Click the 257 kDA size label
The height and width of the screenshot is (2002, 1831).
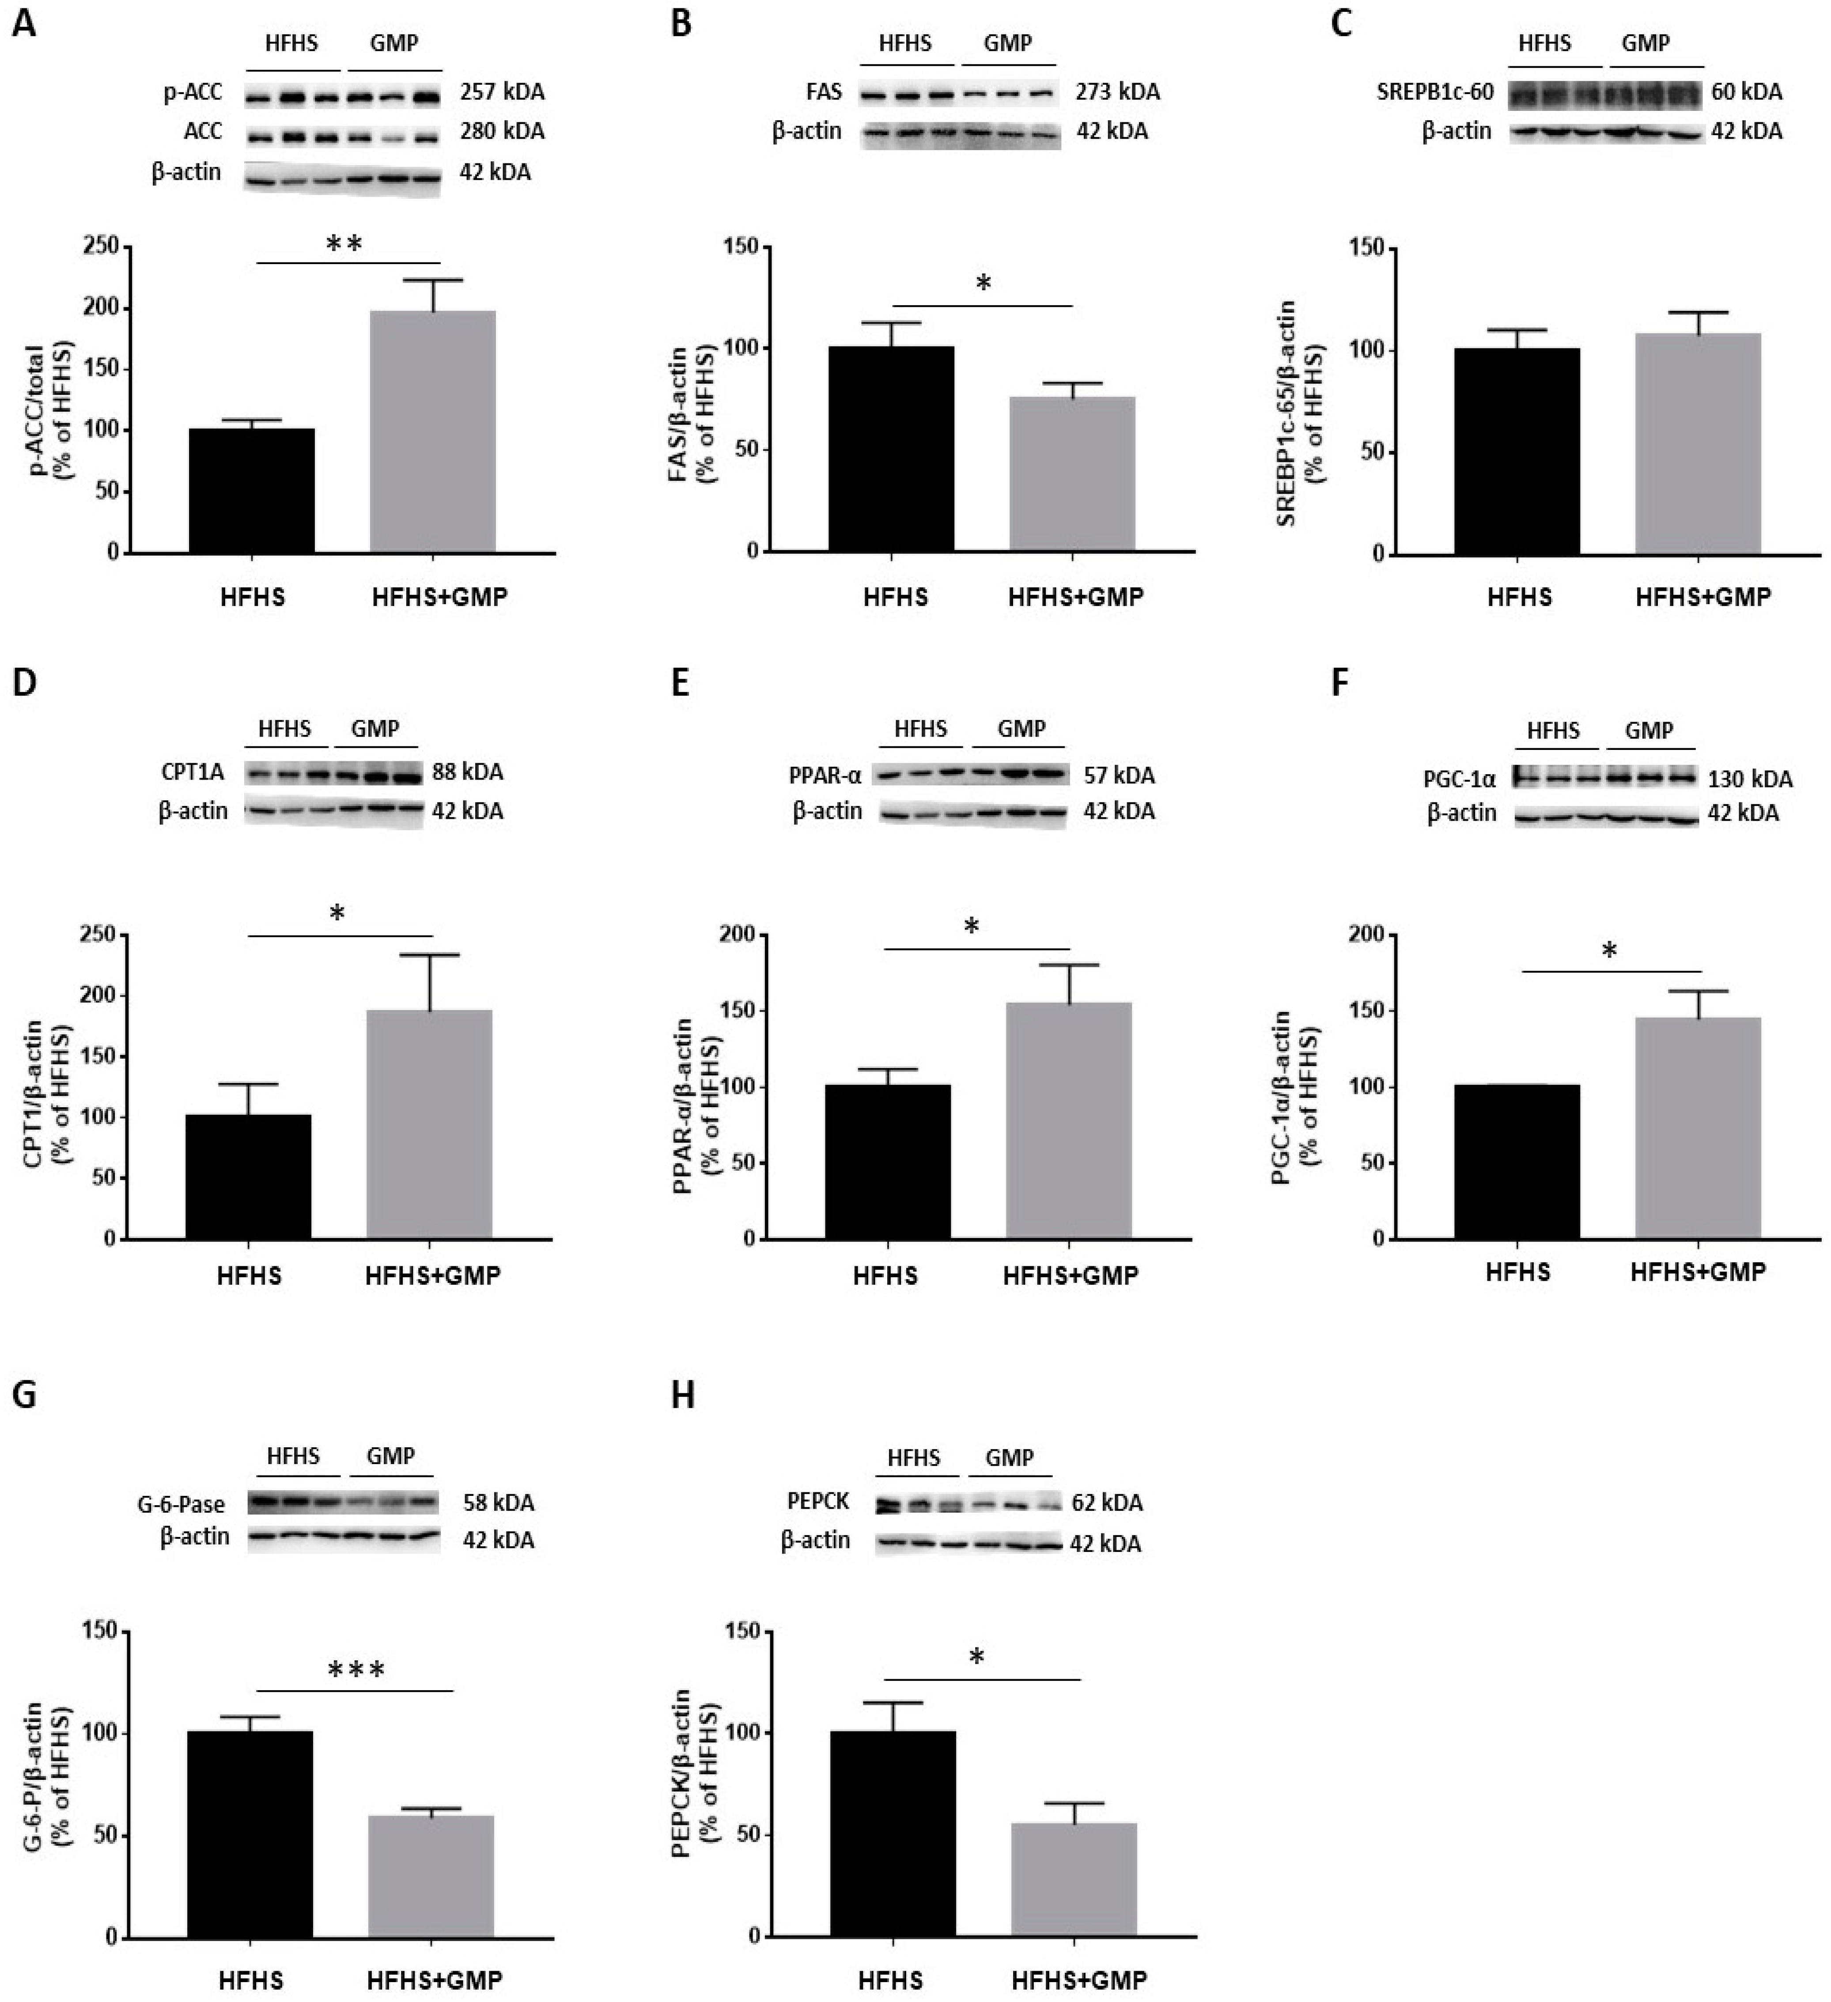click(x=501, y=92)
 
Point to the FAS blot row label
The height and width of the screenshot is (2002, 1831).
click(x=824, y=92)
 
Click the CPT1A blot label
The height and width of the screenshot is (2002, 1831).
click(x=193, y=772)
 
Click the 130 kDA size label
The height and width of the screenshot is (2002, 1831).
click(x=1750, y=779)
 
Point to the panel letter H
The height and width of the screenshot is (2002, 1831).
click(x=683, y=1395)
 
